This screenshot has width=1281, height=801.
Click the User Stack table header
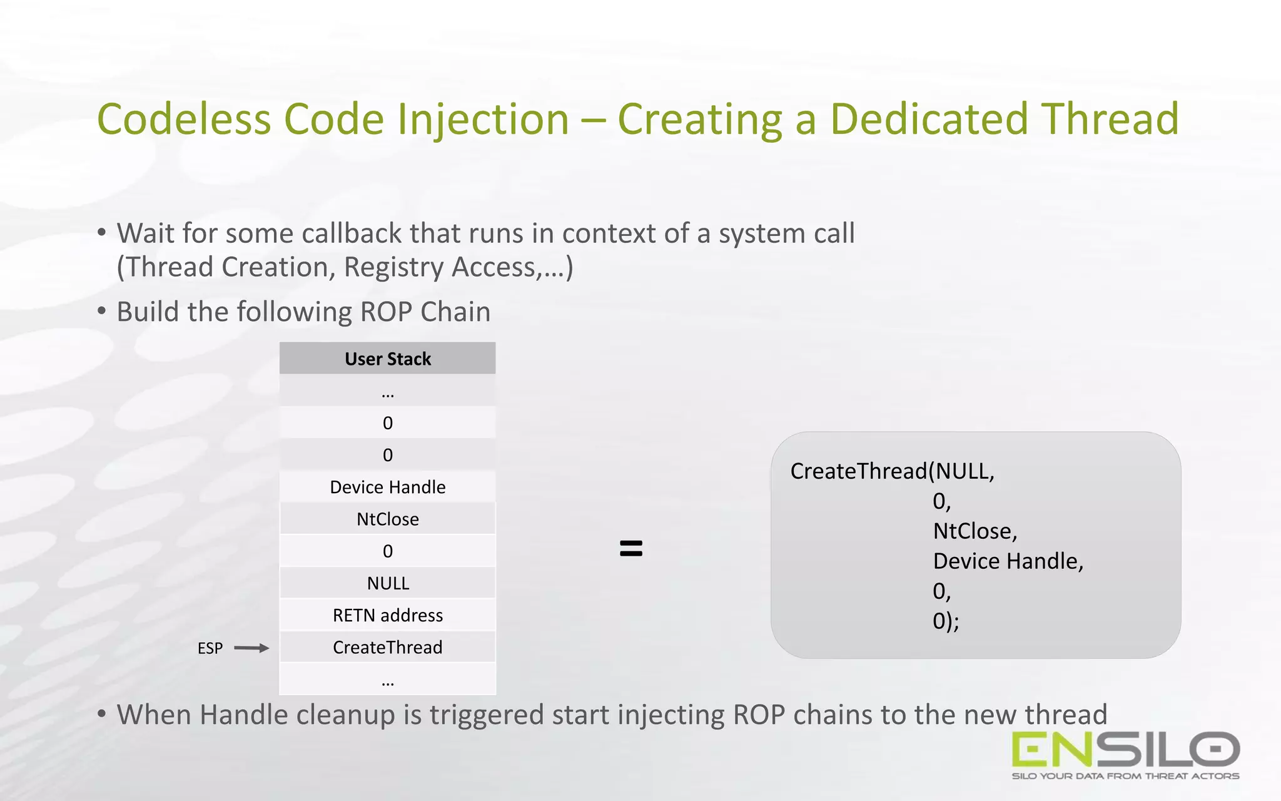[388, 359]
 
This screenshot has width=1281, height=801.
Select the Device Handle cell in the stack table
[388, 487]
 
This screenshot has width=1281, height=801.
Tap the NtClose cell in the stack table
[388, 519]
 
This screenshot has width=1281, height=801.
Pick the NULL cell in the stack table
[388, 583]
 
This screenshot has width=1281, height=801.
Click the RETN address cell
[388, 615]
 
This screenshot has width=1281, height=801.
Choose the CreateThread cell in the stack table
[388, 647]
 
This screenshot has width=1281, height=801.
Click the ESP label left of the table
[210, 648]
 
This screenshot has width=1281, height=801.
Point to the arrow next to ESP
[251, 648]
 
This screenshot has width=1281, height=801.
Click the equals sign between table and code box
[630, 548]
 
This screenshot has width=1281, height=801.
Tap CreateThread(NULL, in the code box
[892, 471]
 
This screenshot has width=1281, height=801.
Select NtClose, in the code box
[975, 531]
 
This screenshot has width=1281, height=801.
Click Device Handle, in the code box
[1007, 561]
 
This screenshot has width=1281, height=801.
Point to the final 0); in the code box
[945, 621]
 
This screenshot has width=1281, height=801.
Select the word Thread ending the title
[1110, 119]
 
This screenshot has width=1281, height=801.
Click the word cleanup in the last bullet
[345, 715]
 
